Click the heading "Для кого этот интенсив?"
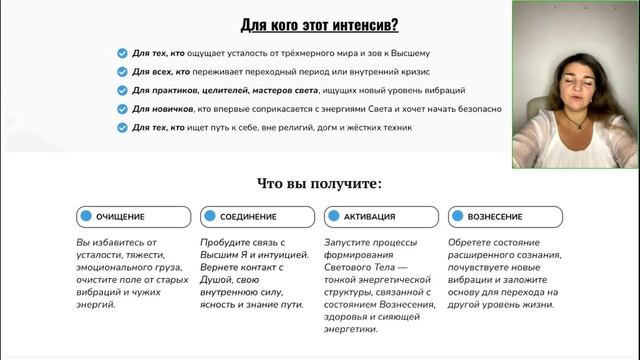point(319,25)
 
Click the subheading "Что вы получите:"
point(319,183)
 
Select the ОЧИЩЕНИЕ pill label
point(120,216)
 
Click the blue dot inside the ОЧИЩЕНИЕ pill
point(87,216)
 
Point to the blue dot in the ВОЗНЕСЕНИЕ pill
point(457,216)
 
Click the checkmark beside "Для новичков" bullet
point(122,109)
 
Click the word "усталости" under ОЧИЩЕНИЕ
point(101,256)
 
